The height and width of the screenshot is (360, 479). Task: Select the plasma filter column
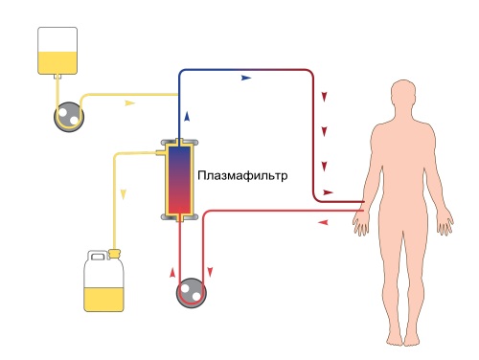tap(179, 180)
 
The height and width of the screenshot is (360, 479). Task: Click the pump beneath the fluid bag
tap(67, 115)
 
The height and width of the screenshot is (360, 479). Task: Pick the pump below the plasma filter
tap(191, 292)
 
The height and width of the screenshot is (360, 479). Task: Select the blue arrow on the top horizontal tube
tap(247, 76)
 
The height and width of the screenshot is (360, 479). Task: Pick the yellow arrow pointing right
tap(130, 101)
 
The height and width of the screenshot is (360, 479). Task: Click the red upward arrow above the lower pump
tap(175, 256)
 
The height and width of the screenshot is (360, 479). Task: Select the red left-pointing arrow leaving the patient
tap(322, 222)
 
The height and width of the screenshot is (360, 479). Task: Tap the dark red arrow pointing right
tap(328, 191)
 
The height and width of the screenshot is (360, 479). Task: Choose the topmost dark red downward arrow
tap(326, 98)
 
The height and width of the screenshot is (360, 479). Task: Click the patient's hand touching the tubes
tap(361, 221)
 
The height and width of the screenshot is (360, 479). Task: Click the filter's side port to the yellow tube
tap(160, 152)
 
